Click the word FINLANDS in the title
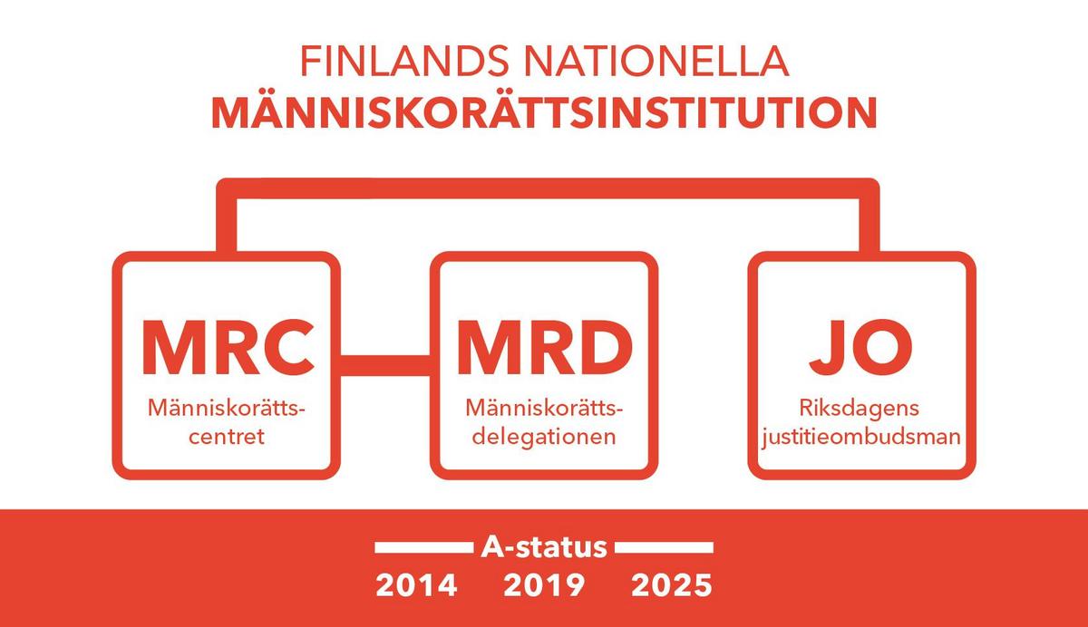pyautogui.click(x=404, y=61)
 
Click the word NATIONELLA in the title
pyautogui.click(x=656, y=61)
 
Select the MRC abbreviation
pyautogui.click(x=228, y=347)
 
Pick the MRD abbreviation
pyautogui.click(x=545, y=347)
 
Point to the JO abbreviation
pyautogui.click(x=860, y=347)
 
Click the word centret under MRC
pyautogui.click(x=227, y=437)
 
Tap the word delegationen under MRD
pyautogui.click(x=544, y=438)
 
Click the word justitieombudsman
pyautogui.click(x=861, y=438)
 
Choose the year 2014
pyautogui.click(x=416, y=585)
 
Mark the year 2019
pyautogui.click(x=544, y=585)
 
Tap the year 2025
pyautogui.click(x=672, y=585)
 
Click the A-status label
pyautogui.click(x=544, y=547)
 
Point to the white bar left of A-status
pyautogui.click(x=424, y=548)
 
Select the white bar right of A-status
pyautogui.click(x=664, y=548)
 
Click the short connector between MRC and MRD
pyautogui.click(x=385, y=365)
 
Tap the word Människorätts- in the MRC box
pyautogui.click(x=227, y=408)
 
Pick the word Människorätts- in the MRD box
pyautogui.click(x=544, y=408)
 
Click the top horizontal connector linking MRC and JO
pyautogui.click(x=548, y=188)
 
